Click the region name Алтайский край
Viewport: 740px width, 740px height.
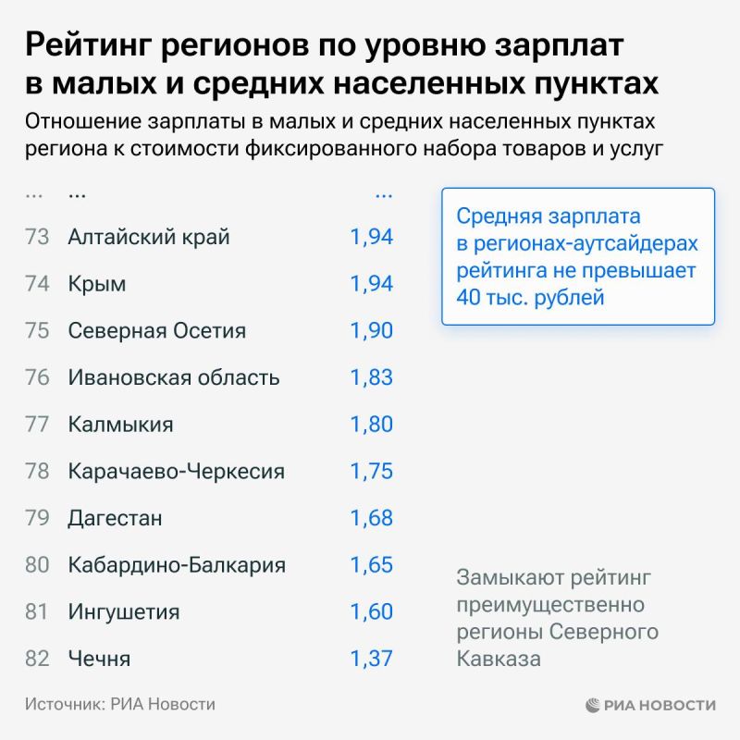pos(149,237)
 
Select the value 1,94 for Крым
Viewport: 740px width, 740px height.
pos(371,284)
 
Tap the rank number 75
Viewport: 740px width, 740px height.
pos(37,331)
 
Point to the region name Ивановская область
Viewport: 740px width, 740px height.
pos(174,377)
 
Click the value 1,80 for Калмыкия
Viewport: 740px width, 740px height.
pos(371,425)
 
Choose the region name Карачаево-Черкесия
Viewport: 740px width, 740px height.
pos(177,472)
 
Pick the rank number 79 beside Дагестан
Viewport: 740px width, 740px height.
pos(37,518)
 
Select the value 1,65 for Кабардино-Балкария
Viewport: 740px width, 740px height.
pos(371,565)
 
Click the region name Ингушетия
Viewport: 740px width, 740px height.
pos(124,612)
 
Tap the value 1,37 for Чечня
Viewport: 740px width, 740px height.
pos(371,659)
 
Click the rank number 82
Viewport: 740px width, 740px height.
pos(37,659)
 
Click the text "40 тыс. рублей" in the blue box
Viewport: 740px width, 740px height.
pos(529,298)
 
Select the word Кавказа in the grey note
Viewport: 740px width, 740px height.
pos(499,659)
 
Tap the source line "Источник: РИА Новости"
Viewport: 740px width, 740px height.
pos(120,704)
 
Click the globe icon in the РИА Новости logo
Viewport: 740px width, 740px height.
pos(593,705)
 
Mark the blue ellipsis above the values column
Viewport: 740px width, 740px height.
pos(383,194)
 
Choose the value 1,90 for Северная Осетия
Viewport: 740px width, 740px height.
pos(371,331)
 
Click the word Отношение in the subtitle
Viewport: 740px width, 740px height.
pos(78,122)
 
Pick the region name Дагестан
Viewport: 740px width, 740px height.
pos(115,518)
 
